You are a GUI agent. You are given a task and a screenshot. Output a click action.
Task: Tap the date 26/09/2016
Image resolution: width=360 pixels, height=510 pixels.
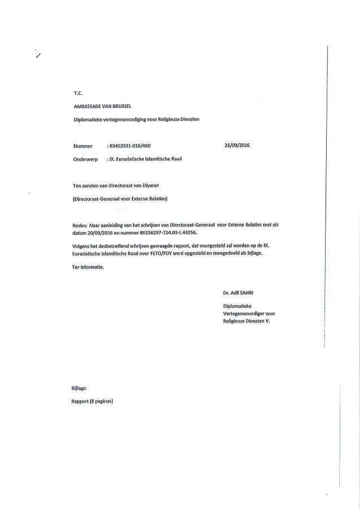coord(237,145)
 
